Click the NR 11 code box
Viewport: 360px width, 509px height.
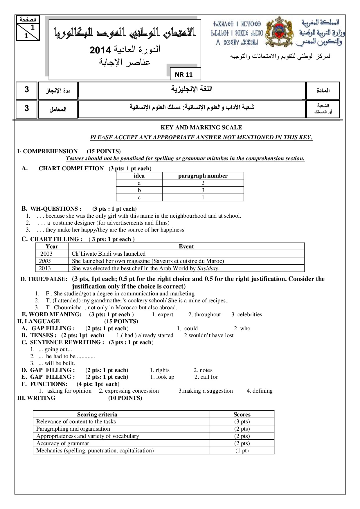click(x=184, y=75)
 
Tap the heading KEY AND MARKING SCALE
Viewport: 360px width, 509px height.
click(x=201, y=127)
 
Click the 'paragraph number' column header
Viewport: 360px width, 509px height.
click(x=203, y=176)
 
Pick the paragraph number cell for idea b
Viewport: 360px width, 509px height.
click(x=203, y=190)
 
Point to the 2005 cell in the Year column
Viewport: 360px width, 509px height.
click(x=45, y=261)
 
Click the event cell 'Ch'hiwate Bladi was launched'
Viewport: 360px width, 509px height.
click(x=109, y=254)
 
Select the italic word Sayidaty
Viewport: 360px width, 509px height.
click(x=208, y=268)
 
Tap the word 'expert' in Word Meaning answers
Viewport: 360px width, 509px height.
click(x=165, y=315)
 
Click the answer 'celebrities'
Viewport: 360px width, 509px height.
click(x=249, y=315)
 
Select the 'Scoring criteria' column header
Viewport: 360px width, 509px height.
click(x=97, y=414)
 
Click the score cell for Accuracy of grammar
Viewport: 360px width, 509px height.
click(x=242, y=443)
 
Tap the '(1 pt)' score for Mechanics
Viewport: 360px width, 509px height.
click(x=242, y=451)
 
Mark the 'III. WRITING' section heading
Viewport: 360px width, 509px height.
click(x=36, y=398)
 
